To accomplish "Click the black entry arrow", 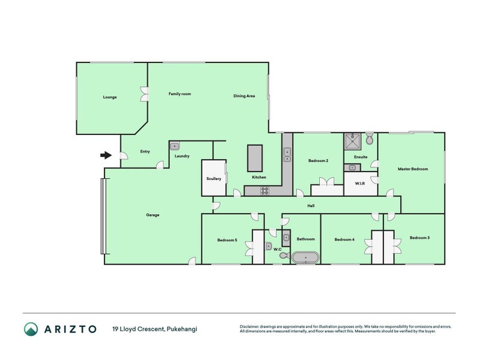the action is coord(106,155).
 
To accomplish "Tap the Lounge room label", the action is coord(110,97).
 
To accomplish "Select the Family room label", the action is coord(179,94).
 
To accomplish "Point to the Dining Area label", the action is coord(244,96).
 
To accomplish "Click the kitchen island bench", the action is coord(255,158).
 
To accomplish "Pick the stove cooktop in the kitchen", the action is coord(265,191).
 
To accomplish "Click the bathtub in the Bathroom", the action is coord(305,258).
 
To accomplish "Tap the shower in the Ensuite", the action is coord(352,141).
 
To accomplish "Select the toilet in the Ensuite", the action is coord(370,139).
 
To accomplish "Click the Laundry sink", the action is coord(175,146).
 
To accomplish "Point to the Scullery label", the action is coord(214,178).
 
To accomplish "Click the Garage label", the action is coord(152,215).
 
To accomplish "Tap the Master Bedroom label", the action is coord(413,169).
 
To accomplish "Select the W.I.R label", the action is coord(359,184).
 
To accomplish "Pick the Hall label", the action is coord(311,206).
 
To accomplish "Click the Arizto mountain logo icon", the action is coord(31,329).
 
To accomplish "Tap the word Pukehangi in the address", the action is coord(182,329).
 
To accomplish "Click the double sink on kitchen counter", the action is coord(287,155).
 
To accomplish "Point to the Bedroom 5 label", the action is coord(227,240).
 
